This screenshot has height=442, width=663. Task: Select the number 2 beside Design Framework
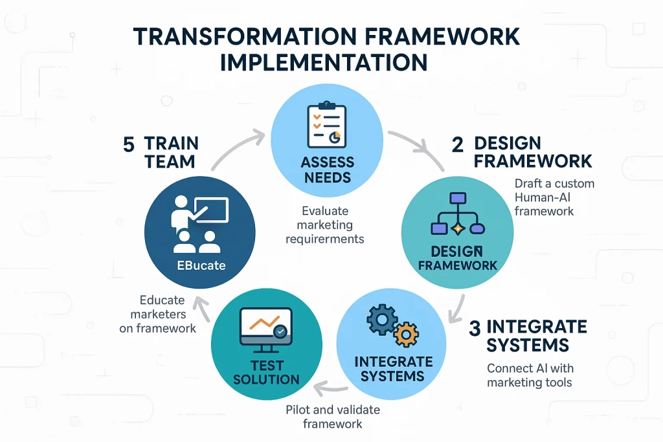click(458, 144)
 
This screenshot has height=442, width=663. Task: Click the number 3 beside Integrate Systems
click(475, 327)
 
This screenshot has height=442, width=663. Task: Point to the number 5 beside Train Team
click(129, 144)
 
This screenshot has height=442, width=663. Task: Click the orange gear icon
click(406, 335)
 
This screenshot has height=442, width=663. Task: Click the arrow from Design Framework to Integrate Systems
click(461, 304)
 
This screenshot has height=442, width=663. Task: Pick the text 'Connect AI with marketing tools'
click(530, 375)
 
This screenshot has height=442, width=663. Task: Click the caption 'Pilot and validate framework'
click(333, 417)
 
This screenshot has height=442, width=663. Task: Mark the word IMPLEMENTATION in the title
click(324, 62)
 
